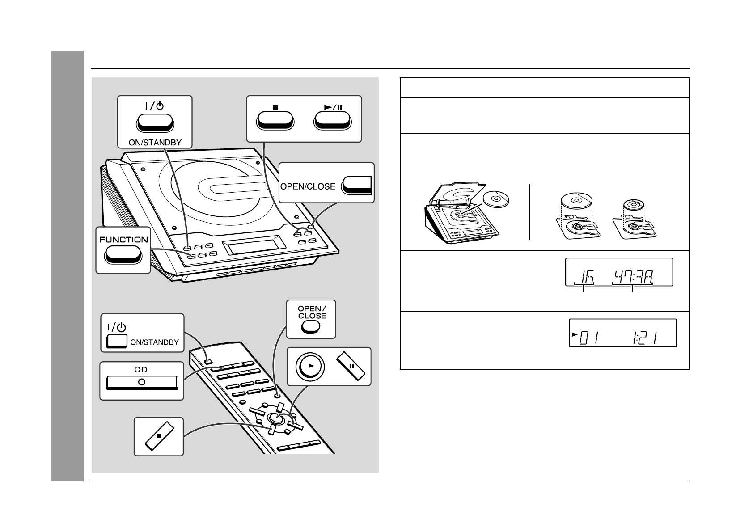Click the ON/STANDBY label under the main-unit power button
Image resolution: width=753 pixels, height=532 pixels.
point(155,142)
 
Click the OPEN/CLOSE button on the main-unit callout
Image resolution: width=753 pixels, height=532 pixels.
point(357,186)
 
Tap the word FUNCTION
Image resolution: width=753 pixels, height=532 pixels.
point(123,240)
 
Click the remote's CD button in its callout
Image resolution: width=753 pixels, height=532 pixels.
point(142,382)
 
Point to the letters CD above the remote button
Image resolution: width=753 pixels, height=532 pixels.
point(141,370)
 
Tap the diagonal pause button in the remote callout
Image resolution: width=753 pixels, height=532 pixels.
point(352,366)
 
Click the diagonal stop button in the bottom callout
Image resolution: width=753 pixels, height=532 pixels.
point(159,436)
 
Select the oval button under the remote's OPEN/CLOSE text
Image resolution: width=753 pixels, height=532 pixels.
point(311,327)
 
